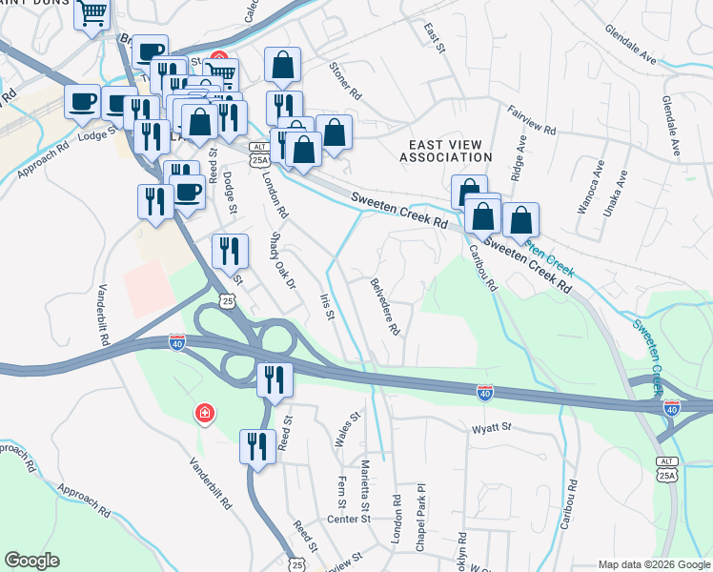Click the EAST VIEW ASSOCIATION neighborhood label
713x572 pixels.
pos(444,150)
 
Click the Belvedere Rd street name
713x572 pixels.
pos(386,307)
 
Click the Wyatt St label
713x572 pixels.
pos(492,430)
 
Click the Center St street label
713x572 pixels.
pos(348,519)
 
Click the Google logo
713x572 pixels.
pos(31,562)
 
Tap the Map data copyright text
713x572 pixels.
pos(653,564)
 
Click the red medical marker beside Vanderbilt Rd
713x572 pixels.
pos(204,413)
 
